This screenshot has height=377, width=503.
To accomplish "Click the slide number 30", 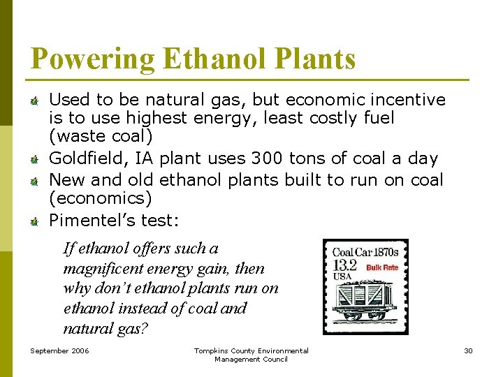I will [x=468, y=350].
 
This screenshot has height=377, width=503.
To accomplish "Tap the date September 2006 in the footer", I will [x=59, y=350].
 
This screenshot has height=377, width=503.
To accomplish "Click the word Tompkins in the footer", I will [x=213, y=350].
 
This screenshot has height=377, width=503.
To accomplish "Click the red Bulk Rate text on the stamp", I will [x=382, y=267].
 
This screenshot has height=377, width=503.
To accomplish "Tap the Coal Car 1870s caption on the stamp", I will [x=365, y=252].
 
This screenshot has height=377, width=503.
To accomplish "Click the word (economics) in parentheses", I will [x=100, y=198].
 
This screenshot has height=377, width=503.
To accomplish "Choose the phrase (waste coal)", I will [x=101, y=137].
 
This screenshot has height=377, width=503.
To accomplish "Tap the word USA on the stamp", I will [x=342, y=276].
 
